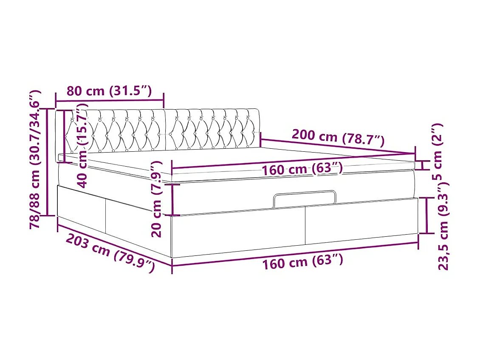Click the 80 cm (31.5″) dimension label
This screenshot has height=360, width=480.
[x=109, y=91]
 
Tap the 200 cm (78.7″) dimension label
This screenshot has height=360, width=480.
[x=338, y=137]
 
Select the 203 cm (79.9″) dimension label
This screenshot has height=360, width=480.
[x=110, y=253]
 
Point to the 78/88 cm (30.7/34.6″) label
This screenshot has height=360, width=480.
[x=36, y=159]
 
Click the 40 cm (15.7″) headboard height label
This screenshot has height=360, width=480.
[x=83, y=145]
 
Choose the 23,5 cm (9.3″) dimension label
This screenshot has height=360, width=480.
[x=443, y=225]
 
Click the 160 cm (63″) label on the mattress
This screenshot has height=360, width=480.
[x=302, y=169]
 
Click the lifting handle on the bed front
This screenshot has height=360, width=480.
[x=305, y=198]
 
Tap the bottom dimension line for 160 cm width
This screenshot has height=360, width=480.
[x=295, y=254]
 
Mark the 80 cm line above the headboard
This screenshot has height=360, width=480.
[x=109, y=101]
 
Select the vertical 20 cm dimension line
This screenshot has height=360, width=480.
[x=172, y=199]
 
